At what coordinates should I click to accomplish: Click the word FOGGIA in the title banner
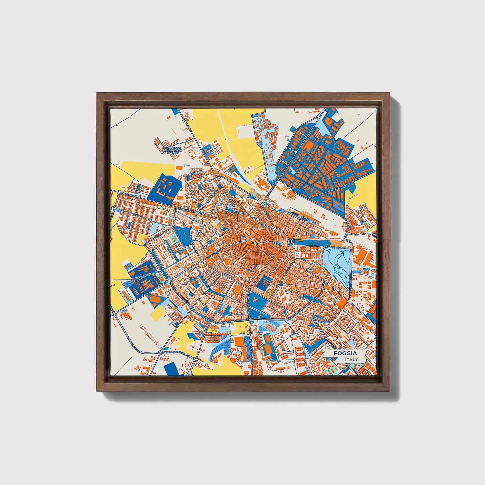(345, 353)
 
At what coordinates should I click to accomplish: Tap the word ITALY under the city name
(351, 359)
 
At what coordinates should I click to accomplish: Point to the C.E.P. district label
(135, 214)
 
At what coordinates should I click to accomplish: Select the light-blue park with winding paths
(336, 265)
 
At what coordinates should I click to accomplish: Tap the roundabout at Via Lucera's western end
(119, 192)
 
